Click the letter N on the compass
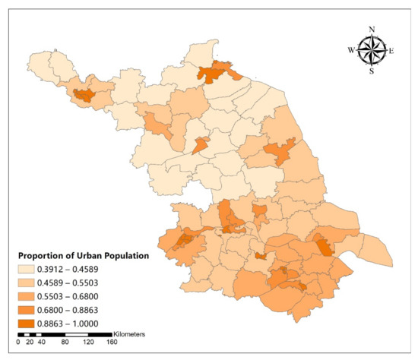tap(372, 29)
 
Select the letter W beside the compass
tap(350, 50)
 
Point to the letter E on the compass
tap(392, 50)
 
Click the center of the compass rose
tap(372, 50)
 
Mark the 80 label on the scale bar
tap(65, 343)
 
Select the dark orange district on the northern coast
tap(214, 74)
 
